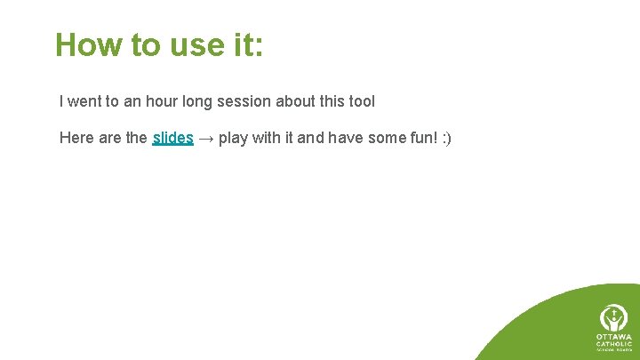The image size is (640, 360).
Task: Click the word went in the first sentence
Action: [87, 101]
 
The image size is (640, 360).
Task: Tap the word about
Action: [295, 101]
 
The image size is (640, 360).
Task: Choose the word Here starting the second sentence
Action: [76, 138]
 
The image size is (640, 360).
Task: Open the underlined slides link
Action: [172, 138]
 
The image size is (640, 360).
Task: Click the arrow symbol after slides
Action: [205, 138]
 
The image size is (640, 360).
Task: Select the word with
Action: [268, 138]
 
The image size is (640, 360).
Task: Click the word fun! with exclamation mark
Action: [426, 138]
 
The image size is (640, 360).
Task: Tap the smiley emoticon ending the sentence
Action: [448, 138]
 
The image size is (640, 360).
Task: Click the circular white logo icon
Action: [612, 317]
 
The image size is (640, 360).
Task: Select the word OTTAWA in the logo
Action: [612, 337]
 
